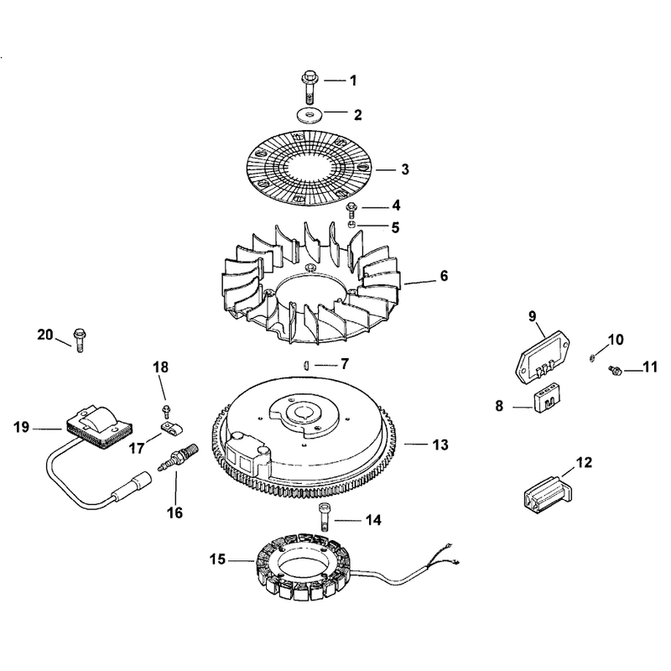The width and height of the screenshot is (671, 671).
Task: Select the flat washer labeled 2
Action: (x=309, y=114)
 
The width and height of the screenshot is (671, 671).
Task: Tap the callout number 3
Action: (x=405, y=169)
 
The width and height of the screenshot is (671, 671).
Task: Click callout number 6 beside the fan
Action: (x=444, y=276)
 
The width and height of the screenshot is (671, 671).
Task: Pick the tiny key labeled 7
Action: (x=305, y=365)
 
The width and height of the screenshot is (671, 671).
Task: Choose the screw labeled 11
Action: (x=615, y=370)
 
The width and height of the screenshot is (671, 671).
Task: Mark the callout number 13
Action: (x=440, y=445)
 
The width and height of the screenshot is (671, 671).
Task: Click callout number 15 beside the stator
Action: (x=217, y=559)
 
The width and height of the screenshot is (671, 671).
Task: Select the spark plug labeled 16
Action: (x=179, y=458)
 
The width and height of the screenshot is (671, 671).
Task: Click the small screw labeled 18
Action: (x=166, y=410)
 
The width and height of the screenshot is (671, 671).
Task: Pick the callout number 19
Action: (x=22, y=427)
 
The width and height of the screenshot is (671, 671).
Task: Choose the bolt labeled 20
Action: (x=79, y=341)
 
